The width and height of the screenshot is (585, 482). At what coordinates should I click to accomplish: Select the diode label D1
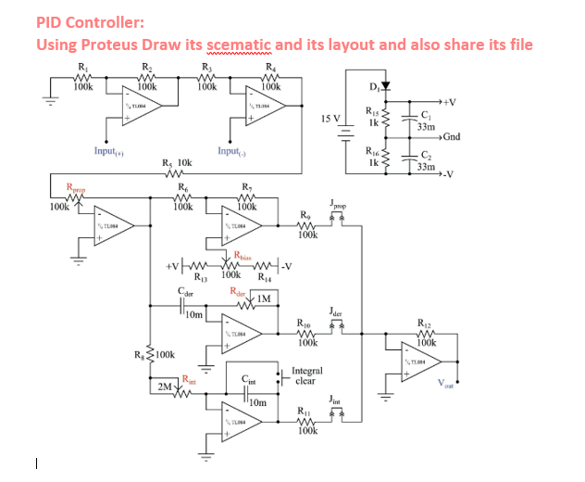[373, 88]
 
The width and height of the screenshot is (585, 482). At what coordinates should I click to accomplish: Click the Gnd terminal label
[451, 136]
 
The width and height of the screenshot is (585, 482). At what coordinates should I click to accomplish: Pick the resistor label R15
[372, 111]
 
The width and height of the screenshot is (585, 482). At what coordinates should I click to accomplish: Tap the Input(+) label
[110, 150]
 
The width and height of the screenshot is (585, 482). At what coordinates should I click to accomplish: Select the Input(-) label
[231, 150]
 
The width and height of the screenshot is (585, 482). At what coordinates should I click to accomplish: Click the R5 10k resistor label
[176, 162]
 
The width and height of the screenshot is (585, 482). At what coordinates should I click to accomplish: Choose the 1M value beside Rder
[264, 298]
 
